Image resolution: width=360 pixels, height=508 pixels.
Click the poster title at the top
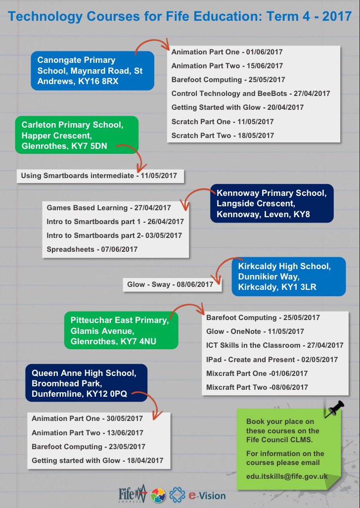[180, 17]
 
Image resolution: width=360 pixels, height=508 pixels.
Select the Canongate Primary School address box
[92, 71]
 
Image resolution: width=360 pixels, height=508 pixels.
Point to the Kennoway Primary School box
[271, 204]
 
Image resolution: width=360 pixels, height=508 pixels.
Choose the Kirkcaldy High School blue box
[288, 277]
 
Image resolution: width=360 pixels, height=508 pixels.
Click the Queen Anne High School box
[86, 383]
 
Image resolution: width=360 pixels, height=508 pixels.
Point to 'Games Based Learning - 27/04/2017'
[109, 208]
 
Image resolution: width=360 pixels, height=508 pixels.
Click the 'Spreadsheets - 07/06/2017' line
[92, 249]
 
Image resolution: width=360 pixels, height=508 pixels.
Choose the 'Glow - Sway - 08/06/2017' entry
[170, 284]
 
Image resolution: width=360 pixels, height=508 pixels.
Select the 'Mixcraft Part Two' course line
[257, 387]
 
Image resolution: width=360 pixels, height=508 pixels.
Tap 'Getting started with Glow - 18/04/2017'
[97, 461]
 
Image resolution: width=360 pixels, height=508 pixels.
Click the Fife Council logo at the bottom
[133, 494]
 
